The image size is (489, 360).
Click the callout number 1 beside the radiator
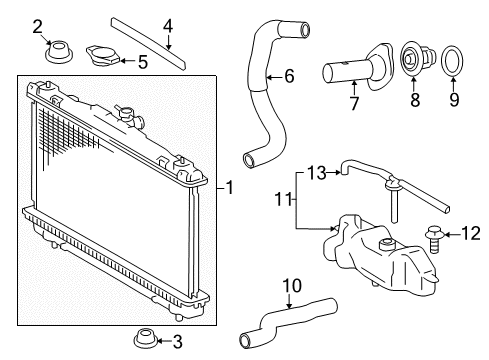(230, 187)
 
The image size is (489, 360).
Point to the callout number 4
(168, 25)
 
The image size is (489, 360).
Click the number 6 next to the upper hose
(289, 75)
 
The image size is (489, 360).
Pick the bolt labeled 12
(436, 238)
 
